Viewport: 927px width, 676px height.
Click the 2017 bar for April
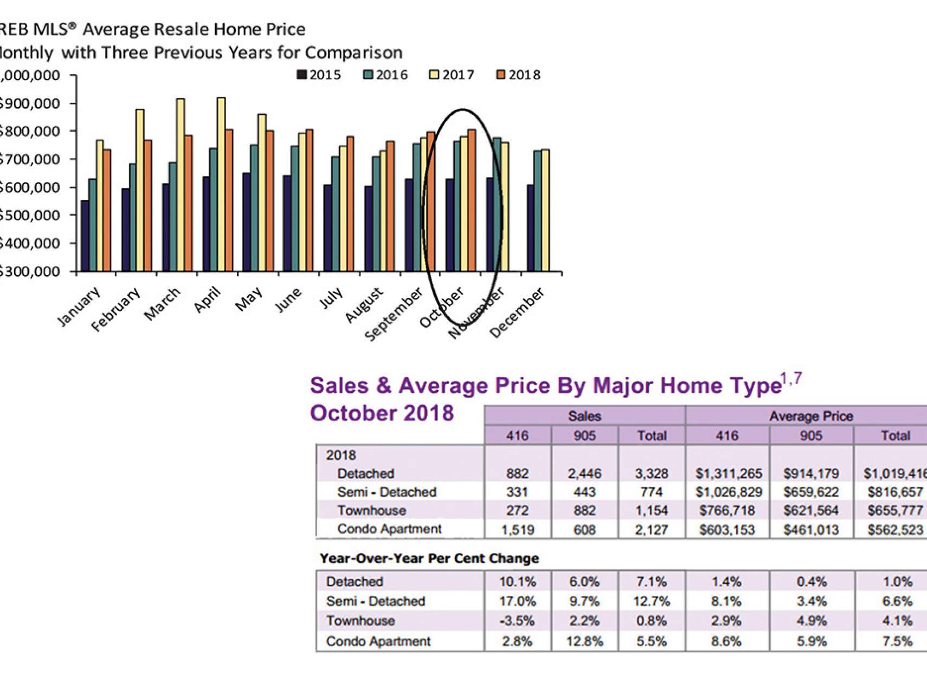[x=221, y=184]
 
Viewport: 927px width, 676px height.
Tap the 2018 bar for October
[x=471, y=200]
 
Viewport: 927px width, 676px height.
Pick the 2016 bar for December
[x=538, y=211]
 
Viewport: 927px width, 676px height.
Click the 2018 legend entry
[x=519, y=75]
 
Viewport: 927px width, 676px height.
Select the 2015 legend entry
[x=319, y=75]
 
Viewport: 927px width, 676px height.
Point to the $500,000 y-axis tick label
[x=30, y=215]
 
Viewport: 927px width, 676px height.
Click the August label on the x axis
[x=364, y=305]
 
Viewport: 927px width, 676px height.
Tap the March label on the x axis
[x=162, y=304]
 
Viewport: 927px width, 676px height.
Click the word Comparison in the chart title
[x=353, y=53]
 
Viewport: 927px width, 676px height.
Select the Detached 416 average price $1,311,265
[x=729, y=474]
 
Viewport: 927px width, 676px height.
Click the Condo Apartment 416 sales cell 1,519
[x=518, y=530]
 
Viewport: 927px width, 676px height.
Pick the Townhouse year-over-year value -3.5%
[x=517, y=621]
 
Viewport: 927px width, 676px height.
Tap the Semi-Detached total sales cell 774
[x=651, y=492]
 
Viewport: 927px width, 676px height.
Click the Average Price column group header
[x=810, y=416]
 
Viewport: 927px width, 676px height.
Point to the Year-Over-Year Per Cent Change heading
[x=429, y=558]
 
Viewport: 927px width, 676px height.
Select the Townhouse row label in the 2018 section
[x=371, y=510]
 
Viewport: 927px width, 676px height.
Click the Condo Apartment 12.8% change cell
[x=584, y=641]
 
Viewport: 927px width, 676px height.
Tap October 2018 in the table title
[x=382, y=413]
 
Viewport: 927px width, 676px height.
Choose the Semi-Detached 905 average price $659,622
[x=811, y=492]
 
